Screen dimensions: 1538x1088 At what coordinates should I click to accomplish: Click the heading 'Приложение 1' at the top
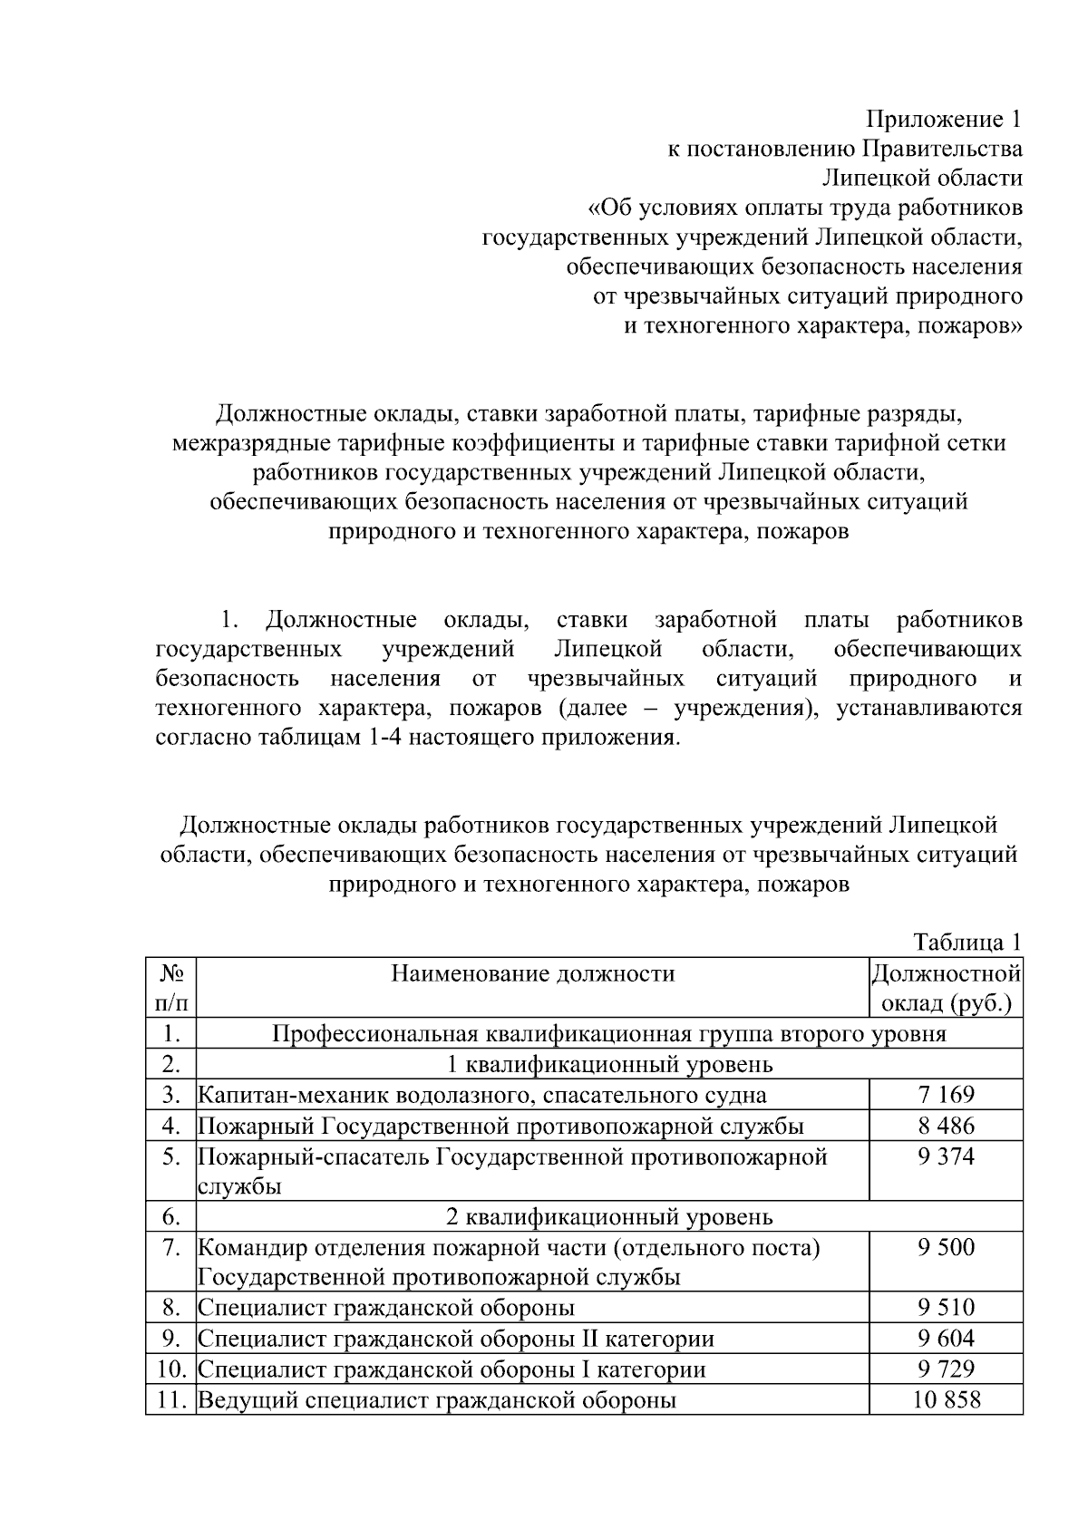click(944, 119)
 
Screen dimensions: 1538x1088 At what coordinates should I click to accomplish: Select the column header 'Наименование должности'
click(532, 973)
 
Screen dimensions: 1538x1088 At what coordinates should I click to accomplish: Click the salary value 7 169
click(946, 1095)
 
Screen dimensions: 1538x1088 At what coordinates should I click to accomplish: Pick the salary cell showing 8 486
click(946, 1126)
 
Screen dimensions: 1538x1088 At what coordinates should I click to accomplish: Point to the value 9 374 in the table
click(946, 1156)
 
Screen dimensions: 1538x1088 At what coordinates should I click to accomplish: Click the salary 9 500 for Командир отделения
click(946, 1247)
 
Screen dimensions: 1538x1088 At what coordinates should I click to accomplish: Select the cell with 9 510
click(946, 1307)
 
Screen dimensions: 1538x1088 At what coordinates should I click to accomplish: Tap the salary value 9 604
click(946, 1339)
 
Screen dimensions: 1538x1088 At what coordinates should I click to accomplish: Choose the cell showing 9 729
click(946, 1369)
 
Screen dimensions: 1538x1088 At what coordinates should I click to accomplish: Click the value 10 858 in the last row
click(946, 1399)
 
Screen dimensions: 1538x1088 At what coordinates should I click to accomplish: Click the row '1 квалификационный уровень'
click(609, 1064)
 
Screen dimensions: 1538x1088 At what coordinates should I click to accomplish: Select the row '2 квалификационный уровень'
click(609, 1216)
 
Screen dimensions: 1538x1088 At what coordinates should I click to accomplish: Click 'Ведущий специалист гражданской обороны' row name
click(436, 1399)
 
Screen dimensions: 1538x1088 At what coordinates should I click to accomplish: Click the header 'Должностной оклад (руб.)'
click(946, 988)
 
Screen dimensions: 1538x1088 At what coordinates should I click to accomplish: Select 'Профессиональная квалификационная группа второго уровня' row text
click(609, 1034)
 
